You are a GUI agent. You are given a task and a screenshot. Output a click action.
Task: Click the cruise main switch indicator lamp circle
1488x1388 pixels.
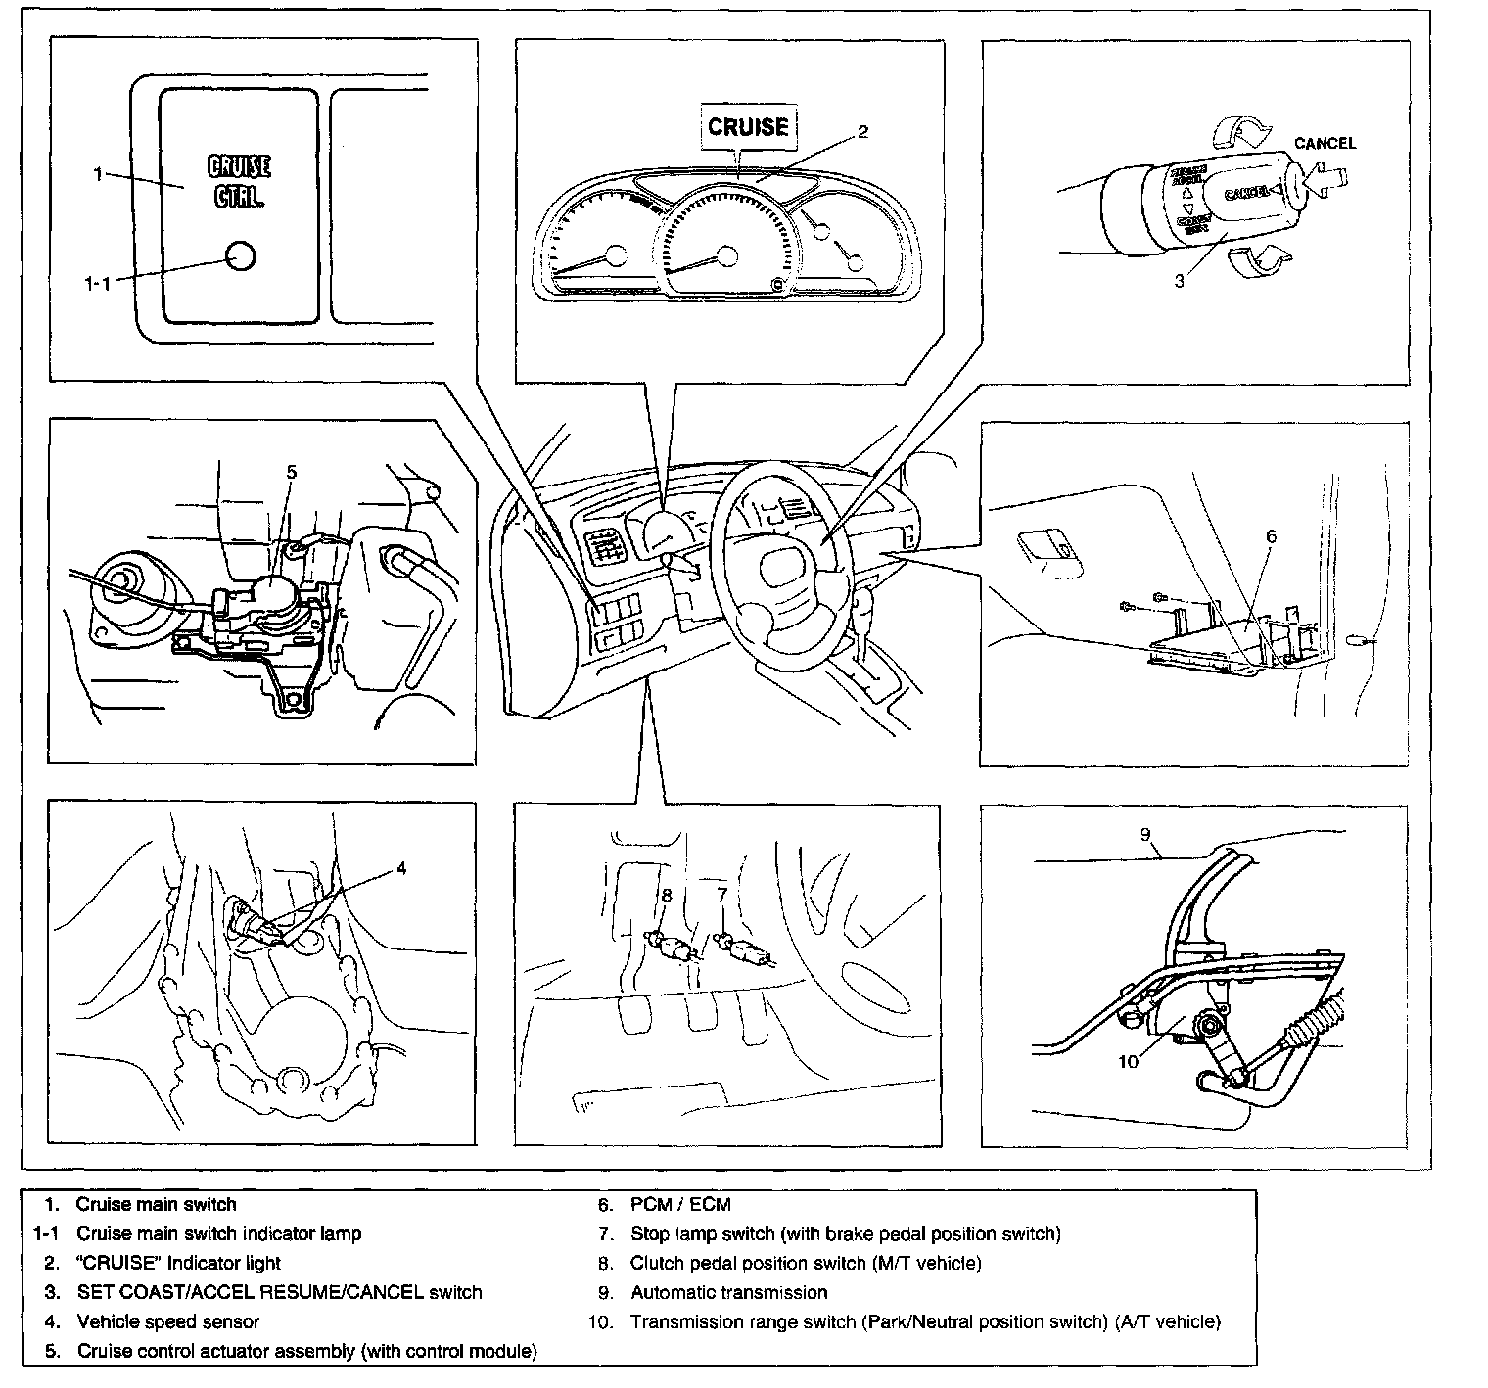pyautogui.click(x=239, y=256)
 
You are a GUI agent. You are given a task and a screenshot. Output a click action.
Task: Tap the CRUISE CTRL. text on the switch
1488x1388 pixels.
pyautogui.click(x=239, y=181)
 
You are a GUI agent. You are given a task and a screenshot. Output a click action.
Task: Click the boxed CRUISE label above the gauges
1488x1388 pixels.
pyautogui.click(x=748, y=126)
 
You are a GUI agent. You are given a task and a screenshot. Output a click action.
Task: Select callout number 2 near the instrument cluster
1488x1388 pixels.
pyautogui.click(x=862, y=132)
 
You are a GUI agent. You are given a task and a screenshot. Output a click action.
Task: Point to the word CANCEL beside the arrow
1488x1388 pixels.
pyautogui.click(x=1325, y=143)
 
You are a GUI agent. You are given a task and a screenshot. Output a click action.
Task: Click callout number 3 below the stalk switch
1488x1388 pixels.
pyautogui.click(x=1180, y=280)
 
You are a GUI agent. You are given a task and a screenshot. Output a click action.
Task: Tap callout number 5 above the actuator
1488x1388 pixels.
pyautogui.click(x=291, y=472)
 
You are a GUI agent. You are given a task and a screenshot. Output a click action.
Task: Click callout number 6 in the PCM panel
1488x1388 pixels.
pyautogui.click(x=1271, y=536)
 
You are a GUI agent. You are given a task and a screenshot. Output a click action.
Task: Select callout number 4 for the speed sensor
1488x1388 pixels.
pyautogui.click(x=400, y=867)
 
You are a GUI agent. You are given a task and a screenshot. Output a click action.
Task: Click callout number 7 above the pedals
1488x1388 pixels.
pyautogui.click(x=721, y=894)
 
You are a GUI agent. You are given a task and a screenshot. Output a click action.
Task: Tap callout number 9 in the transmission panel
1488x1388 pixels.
pyautogui.click(x=1144, y=835)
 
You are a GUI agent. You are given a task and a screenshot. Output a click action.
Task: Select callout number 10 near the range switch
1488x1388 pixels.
pyautogui.click(x=1129, y=1061)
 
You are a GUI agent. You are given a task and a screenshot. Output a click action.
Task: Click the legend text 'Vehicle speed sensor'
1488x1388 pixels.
pyautogui.click(x=167, y=1321)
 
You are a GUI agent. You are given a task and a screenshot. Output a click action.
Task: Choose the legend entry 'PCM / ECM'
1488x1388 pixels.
pyautogui.click(x=680, y=1204)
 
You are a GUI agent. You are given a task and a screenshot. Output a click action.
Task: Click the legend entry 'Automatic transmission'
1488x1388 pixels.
pyautogui.click(x=728, y=1292)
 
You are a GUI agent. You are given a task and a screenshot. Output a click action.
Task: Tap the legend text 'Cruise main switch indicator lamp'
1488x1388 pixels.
pyautogui.click(x=218, y=1233)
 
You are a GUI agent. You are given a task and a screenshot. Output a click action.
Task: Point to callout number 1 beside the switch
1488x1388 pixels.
pyautogui.click(x=98, y=174)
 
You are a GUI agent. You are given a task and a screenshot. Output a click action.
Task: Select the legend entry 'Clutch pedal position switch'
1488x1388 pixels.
pyautogui.click(x=805, y=1263)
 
